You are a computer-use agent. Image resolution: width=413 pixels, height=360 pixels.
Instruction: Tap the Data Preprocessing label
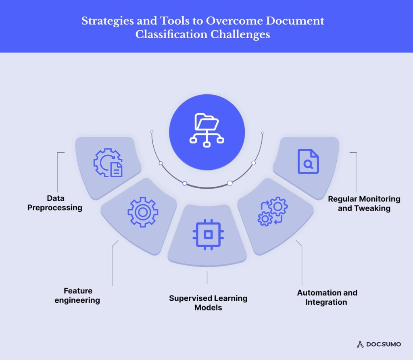[x=55, y=203]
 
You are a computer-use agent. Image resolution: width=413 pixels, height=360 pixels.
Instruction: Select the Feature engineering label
[x=77, y=295]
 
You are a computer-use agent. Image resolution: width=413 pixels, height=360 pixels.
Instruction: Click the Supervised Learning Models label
[x=208, y=303]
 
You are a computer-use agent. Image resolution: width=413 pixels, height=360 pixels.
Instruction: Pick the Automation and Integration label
[x=327, y=298]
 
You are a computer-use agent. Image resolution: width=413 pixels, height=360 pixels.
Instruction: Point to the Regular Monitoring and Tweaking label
[x=364, y=204]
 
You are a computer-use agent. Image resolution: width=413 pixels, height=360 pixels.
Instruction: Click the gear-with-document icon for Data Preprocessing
[x=108, y=163]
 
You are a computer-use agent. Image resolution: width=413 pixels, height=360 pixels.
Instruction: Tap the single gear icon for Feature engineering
[x=143, y=212]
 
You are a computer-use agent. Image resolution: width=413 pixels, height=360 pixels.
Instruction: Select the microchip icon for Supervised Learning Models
[x=206, y=234]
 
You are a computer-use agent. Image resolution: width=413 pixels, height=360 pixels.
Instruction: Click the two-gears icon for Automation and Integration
[x=273, y=211]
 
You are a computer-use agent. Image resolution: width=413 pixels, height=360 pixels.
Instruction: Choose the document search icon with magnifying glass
[x=308, y=162]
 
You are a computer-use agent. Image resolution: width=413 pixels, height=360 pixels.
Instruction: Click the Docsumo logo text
[x=383, y=344]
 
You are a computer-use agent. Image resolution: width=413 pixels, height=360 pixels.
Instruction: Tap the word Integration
[x=326, y=302]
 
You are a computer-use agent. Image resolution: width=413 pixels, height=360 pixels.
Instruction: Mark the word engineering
[x=77, y=300]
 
